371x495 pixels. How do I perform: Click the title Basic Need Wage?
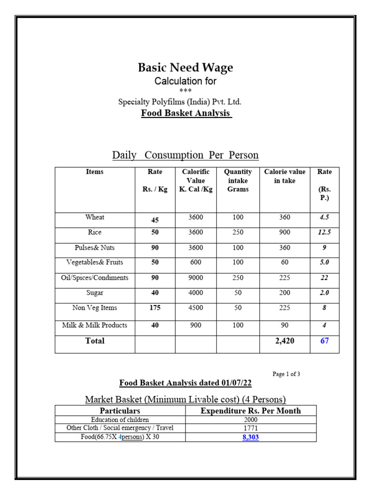tap(185, 68)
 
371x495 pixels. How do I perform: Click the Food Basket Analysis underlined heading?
tap(186, 114)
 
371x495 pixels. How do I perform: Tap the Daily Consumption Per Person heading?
tap(185, 155)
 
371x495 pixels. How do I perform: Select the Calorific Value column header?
tap(196, 180)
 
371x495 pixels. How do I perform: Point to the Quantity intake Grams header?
tap(238, 180)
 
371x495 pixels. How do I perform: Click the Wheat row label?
tap(95, 218)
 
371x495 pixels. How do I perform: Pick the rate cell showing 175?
tap(155, 308)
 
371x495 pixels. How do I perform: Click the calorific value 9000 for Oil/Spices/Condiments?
tap(196, 278)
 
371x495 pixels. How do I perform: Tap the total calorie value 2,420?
tap(285, 341)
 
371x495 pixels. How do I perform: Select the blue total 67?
tap(325, 341)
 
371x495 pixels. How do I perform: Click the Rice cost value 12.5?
tap(325, 233)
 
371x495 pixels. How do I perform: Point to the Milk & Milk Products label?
tap(95, 325)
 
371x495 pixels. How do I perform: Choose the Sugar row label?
tap(95, 293)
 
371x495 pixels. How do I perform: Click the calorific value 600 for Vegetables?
tap(196, 262)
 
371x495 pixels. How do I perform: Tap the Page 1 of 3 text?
tap(286, 374)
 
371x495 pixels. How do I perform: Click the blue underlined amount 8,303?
tap(251, 437)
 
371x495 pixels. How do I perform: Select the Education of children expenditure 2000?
tap(251, 420)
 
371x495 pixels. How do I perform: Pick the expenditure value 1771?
tap(251, 428)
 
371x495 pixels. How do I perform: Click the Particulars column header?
tap(120, 410)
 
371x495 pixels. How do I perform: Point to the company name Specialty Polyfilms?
tap(180, 102)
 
